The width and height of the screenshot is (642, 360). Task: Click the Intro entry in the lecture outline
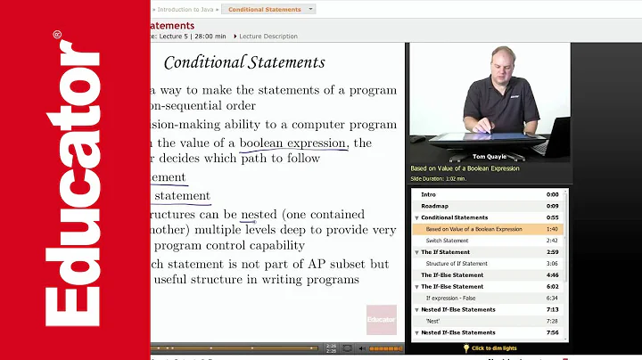click(429, 194)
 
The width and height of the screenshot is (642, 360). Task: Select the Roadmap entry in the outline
click(435, 206)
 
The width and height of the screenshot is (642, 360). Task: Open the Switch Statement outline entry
click(447, 241)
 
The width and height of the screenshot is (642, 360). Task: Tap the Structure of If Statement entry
click(456, 264)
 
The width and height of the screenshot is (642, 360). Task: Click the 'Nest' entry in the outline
click(433, 321)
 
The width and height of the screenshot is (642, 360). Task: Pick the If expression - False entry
click(454, 298)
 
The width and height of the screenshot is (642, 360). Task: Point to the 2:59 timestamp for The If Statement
click(552, 252)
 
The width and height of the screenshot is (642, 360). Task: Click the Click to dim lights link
click(494, 348)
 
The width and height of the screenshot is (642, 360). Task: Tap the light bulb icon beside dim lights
click(465, 348)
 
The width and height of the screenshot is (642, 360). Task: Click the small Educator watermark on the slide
click(381, 318)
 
